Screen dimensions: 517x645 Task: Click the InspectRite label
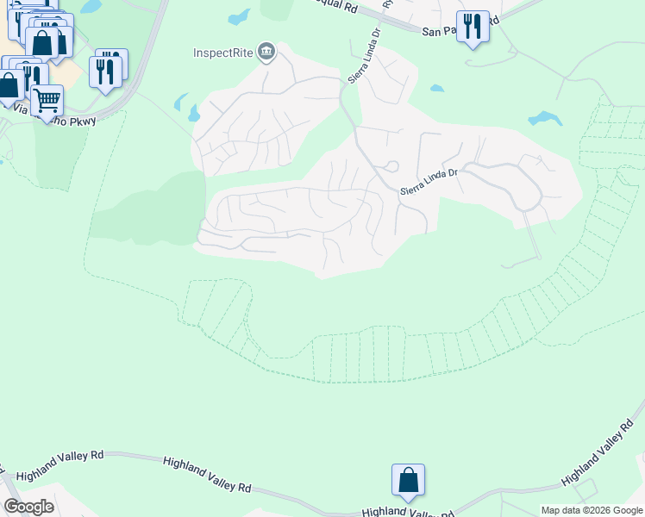[222, 53]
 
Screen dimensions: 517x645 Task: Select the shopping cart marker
[47, 100]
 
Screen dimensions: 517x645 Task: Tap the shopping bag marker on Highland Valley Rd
[408, 480]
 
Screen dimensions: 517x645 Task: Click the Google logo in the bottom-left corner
[28, 507]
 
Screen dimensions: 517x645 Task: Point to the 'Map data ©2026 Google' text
[592, 510]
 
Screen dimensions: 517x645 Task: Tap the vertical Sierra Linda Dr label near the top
[363, 56]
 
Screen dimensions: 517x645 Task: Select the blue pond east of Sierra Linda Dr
[546, 118]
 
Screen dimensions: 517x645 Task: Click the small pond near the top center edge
[239, 16]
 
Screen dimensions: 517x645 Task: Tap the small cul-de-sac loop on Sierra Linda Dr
[391, 166]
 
